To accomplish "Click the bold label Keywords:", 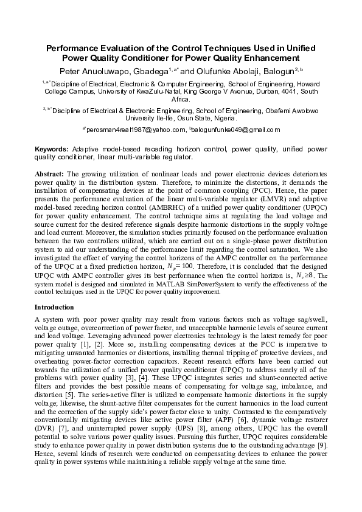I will [x=51, y=148].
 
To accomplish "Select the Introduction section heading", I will [x=54, y=307].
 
